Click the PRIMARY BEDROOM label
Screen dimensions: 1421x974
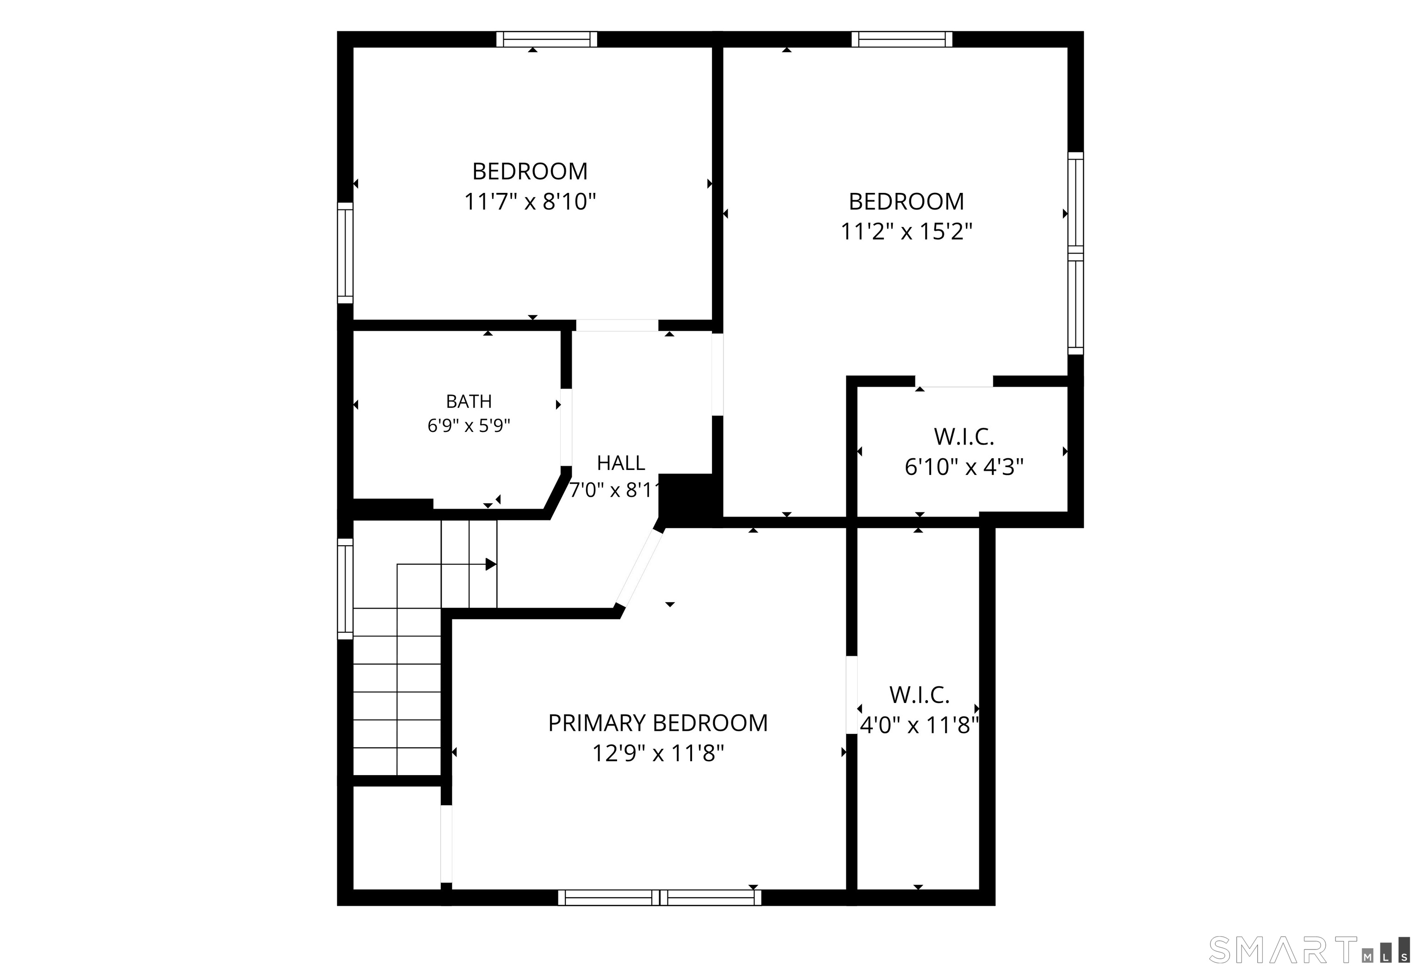click(657, 723)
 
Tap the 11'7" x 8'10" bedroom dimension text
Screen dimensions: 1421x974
click(530, 201)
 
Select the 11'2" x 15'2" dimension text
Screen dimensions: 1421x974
click(906, 232)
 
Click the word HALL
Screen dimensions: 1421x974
click(621, 463)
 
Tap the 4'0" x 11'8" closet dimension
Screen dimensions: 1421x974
click(919, 725)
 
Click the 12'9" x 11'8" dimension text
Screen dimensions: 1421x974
click(658, 753)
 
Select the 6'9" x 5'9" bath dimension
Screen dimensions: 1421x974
click(469, 425)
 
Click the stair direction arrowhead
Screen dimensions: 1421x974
click(491, 564)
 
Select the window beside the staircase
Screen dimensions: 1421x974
click(346, 589)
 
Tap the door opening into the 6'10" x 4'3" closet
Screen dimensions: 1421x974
click(954, 382)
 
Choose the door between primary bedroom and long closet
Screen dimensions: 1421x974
click(851, 695)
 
